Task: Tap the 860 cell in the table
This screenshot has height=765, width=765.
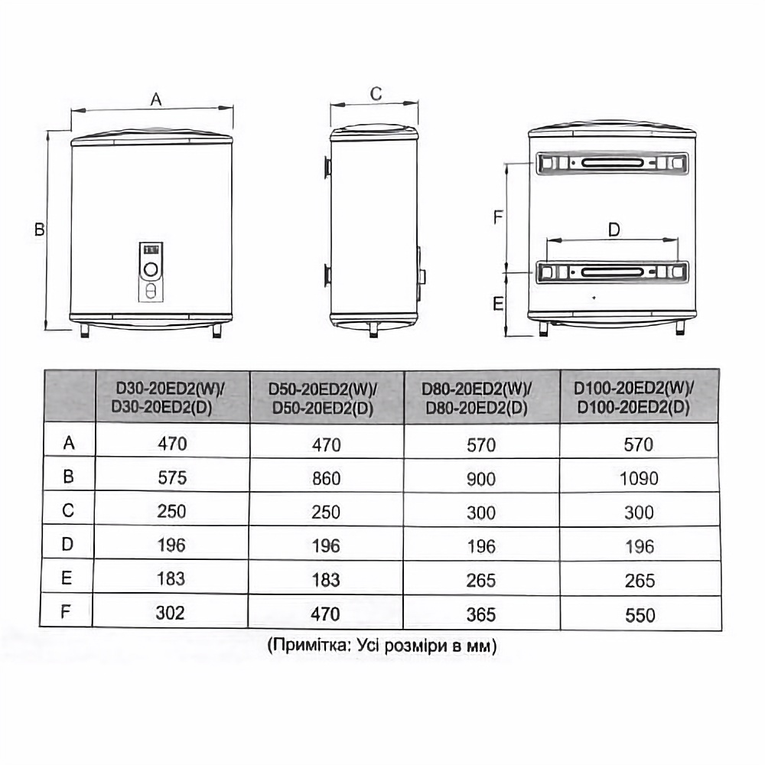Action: click(326, 479)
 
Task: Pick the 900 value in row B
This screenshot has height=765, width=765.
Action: click(481, 479)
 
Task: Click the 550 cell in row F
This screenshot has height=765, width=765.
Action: click(639, 615)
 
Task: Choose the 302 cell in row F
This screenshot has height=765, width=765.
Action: click(172, 614)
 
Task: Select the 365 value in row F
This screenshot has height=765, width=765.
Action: click(481, 614)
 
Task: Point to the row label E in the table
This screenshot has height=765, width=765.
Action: click(68, 579)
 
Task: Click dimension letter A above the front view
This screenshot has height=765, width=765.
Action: click(156, 99)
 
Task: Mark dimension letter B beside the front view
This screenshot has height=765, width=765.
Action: click(40, 229)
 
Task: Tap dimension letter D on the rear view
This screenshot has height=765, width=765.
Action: click(614, 229)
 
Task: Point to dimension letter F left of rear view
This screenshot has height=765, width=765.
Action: click(497, 217)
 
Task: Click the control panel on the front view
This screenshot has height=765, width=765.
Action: click(151, 271)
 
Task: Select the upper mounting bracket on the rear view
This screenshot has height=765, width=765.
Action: click(612, 163)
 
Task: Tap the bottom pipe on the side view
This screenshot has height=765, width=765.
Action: click(373, 329)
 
